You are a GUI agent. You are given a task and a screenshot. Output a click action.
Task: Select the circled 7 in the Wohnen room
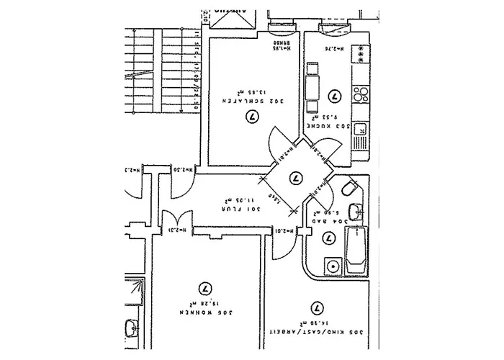pyautogui.click(x=206, y=287)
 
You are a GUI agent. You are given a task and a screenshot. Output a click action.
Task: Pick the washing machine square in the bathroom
pyautogui.click(x=332, y=266)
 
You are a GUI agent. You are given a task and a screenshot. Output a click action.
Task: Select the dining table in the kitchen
pyautogui.click(x=312, y=88)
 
